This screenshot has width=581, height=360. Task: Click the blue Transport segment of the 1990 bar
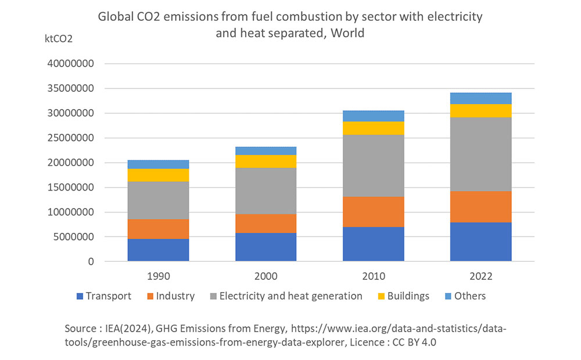point(158,250)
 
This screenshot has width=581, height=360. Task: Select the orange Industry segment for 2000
point(266,224)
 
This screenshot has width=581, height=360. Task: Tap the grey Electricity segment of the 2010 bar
point(373,165)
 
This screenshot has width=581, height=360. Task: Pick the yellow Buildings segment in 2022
point(480,111)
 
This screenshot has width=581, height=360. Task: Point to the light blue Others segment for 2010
point(373,116)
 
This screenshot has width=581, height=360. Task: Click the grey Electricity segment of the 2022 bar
point(480,154)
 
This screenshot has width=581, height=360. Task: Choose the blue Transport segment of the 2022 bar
point(480,242)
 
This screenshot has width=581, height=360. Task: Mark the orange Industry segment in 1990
point(158,229)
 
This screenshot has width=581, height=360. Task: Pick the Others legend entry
point(465,296)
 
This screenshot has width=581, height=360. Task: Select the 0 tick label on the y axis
point(90,262)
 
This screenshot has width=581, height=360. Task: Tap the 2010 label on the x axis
point(373,276)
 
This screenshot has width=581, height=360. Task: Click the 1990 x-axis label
point(158,276)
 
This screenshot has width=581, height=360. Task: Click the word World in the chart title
point(348,33)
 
